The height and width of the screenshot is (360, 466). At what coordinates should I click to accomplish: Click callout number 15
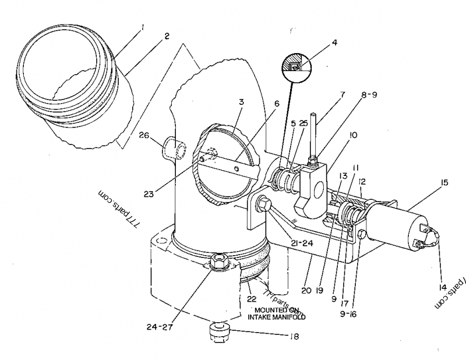[x=445, y=182]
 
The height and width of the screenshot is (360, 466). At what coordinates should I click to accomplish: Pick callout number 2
[x=167, y=36]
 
